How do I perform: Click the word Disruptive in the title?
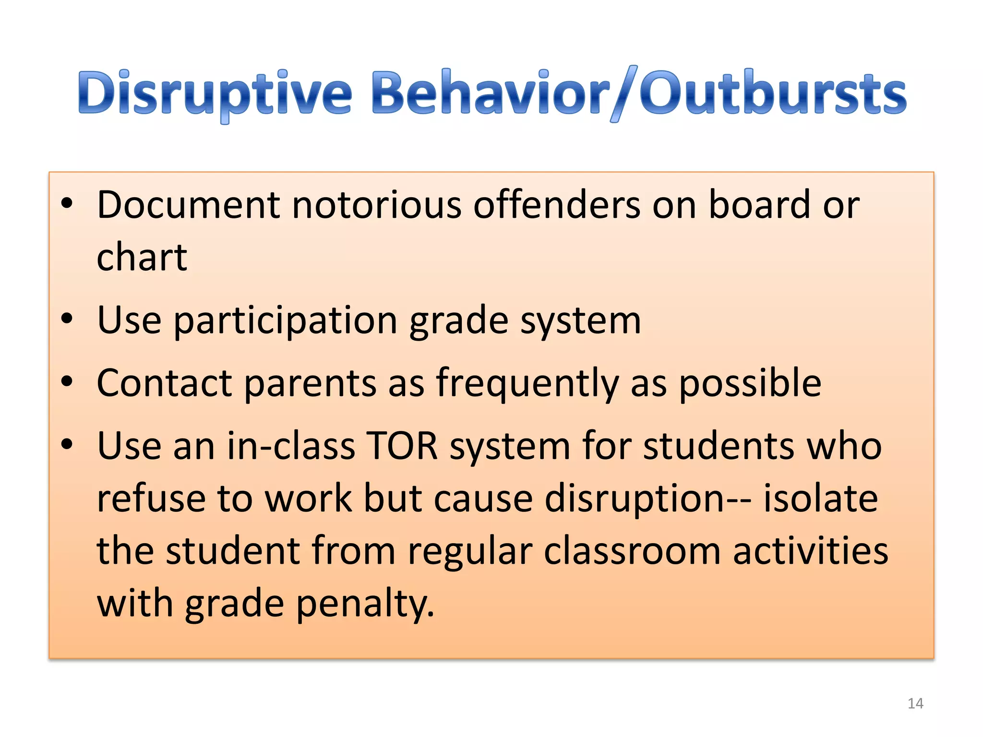[215, 94]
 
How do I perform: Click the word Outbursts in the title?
[773, 94]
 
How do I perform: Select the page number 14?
[915, 703]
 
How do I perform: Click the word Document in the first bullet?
[188, 205]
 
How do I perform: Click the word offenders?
[557, 205]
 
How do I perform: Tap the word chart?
[142, 258]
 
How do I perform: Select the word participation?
[285, 321]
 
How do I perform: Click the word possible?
[750, 383]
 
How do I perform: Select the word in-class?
[291, 446]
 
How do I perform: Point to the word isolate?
[821, 499]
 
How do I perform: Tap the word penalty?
[365, 604]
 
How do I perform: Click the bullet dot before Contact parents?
[67, 382]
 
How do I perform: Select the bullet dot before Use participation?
[67, 319]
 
